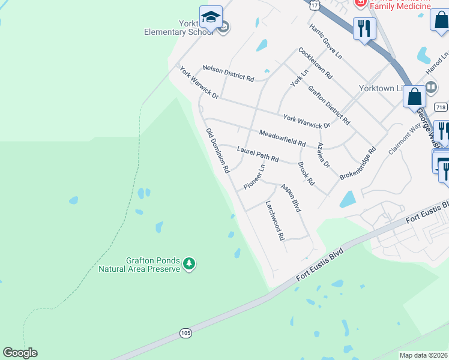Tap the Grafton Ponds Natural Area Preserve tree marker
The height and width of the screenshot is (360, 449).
pos(189,263)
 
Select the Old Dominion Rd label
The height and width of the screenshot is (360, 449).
pos(217,151)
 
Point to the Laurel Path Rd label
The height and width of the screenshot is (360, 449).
pos(258,154)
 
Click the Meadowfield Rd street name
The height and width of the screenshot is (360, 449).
pos(283,139)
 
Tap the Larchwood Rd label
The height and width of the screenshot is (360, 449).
pos(275,220)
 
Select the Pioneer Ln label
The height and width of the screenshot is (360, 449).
pos(255,176)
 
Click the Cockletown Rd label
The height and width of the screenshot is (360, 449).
pos(315,64)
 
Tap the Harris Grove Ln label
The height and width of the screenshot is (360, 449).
pos(325,41)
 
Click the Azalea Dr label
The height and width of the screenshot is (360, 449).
pos(324,155)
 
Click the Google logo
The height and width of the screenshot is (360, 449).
pos(20,353)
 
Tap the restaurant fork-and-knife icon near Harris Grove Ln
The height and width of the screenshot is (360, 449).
pos(364,28)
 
